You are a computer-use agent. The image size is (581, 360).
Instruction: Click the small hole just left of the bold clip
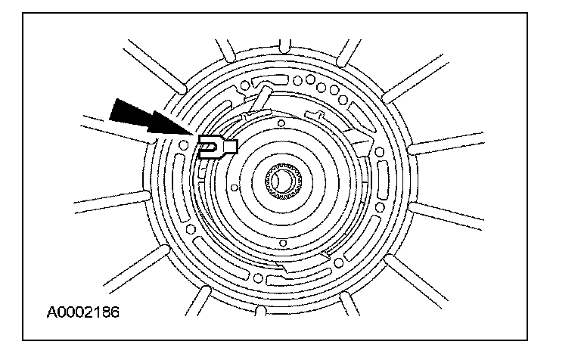tap(185, 142)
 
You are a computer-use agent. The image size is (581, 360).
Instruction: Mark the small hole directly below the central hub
tap(281, 242)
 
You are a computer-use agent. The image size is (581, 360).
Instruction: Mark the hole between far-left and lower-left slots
tap(190, 228)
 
